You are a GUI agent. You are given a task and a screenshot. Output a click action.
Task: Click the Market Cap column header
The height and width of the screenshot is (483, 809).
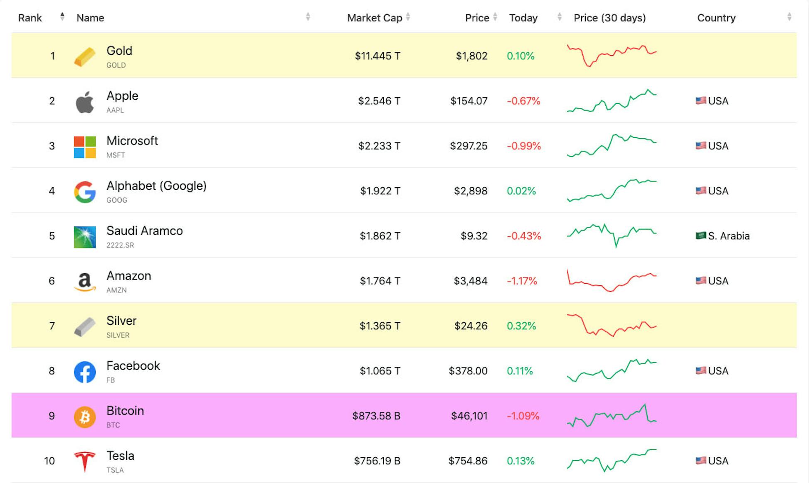[x=374, y=18]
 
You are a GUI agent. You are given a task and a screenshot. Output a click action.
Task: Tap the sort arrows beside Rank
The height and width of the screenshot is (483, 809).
[x=62, y=17]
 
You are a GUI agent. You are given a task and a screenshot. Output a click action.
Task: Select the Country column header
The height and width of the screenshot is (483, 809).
[x=716, y=18]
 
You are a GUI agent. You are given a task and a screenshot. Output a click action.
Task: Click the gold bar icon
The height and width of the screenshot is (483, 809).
[x=84, y=56]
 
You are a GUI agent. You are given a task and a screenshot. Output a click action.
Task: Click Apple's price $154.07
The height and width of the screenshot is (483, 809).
[x=469, y=101]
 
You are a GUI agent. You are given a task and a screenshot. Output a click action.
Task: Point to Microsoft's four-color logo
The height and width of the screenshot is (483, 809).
[x=84, y=147]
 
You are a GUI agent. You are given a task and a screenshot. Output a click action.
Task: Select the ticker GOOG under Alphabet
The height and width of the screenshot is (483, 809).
[x=117, y=200]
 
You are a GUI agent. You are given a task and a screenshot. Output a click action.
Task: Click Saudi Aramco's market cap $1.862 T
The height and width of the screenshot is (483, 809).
[x=380, y=236]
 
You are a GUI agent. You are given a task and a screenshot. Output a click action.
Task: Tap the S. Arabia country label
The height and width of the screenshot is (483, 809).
[x=728, y=236]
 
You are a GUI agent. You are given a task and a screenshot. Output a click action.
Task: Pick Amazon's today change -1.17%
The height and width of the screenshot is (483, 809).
[x=522, y=281]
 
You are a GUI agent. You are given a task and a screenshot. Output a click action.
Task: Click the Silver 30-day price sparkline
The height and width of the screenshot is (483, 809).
[x=611, y=325]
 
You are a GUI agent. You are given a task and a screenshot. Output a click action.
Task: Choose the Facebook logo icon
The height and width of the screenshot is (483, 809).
[x=84, y=372]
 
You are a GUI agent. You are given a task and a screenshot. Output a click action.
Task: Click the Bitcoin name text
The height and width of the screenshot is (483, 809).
[x=125, y=410]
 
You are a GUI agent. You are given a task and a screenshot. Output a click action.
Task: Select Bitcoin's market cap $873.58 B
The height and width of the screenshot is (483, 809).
[x=376, y=416]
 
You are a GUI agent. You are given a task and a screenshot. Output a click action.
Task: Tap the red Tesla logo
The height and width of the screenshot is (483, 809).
[x=84, y=461]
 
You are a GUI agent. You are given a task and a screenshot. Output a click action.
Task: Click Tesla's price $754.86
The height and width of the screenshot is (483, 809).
[x=468, y=461]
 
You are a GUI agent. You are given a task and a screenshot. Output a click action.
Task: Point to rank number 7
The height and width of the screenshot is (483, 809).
[x=52, y=326]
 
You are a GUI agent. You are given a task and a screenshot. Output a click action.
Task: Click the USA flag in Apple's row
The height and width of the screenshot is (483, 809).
[x=700, y=101]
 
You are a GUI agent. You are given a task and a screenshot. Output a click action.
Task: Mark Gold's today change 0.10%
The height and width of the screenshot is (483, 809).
[x=520, y=56]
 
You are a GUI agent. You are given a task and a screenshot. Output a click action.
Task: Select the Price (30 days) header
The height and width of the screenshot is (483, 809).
[x=609, y=18]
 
